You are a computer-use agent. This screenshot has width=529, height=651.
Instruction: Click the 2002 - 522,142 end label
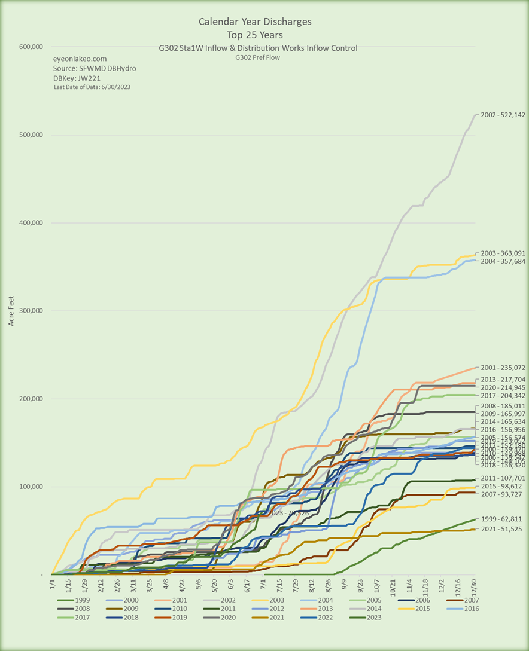click(x=501, y=114)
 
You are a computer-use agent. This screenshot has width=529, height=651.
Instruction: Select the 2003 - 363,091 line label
click(x=501, y=253)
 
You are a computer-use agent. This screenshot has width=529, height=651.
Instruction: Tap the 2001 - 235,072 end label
click(x=501, y=367)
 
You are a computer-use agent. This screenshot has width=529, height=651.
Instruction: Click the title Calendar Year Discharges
click(x=255, y=22)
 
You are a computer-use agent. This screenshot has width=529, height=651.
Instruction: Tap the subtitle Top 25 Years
click(x=255, y=34)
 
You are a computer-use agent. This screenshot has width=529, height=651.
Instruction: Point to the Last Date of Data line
click(x=92, y=87)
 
